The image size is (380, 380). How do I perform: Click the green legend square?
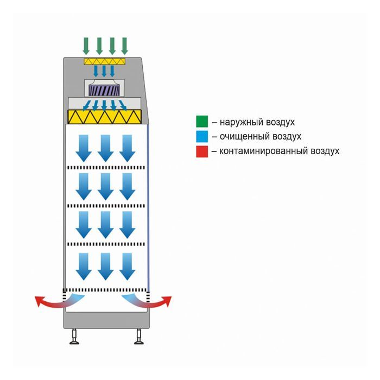(x=202, y=122)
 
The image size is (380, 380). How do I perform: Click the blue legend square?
(x=202, y=136)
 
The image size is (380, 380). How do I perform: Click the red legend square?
(x=202, y=151)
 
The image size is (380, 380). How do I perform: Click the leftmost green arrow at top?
(x=86, y=45)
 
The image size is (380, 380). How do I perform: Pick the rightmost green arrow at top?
(x=124, y=45)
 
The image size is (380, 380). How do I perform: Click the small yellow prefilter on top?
(x=105, y=61)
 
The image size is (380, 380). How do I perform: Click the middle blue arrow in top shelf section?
(x=105, y=148)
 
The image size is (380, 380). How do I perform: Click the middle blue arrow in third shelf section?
(x=105, y=225)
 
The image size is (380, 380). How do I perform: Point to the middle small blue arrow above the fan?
(x=105, y=71)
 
